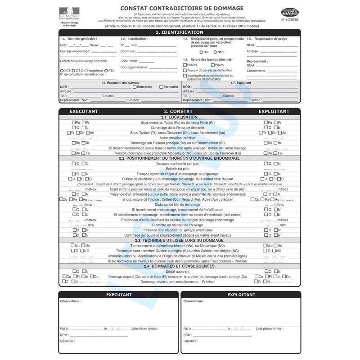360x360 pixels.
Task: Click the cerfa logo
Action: (289, 12)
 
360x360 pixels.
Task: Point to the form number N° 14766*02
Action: (290, 20)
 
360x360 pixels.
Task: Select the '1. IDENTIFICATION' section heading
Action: (180, 32)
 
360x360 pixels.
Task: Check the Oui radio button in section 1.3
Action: (201, 52)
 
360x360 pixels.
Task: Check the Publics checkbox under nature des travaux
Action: (185, 65)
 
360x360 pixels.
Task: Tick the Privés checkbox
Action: (212, 65)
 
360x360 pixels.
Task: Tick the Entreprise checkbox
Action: (135, 87)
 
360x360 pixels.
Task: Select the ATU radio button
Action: (106, 71)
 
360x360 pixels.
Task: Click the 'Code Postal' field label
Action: (129, 61)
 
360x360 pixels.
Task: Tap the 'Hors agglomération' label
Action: (134, 67)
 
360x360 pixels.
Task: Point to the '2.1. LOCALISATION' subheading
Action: (180, 117)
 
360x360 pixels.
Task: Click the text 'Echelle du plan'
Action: (179, 169)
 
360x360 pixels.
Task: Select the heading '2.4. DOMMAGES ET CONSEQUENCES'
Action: (180, 266)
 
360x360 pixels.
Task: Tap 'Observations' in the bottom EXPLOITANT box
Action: (194, 301)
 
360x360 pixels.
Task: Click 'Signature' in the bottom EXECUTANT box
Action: (67, 342)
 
